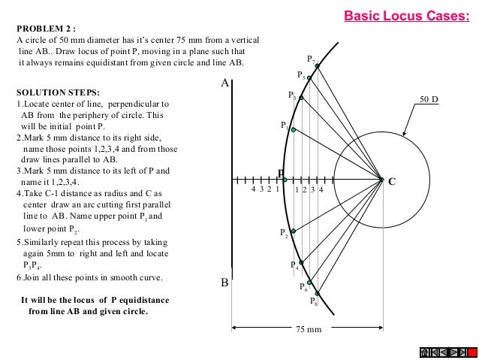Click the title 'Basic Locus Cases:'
[407, 14]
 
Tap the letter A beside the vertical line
[224, 85]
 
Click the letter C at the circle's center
[392, 181]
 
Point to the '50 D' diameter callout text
[429, 98]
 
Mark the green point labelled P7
[318, 66]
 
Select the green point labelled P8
[318, 293]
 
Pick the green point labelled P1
[293, 130]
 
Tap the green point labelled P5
[309, 78]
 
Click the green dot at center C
[381, 180]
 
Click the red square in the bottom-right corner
[426, 352]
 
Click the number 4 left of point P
[254, 190]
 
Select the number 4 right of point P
[321, 190]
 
